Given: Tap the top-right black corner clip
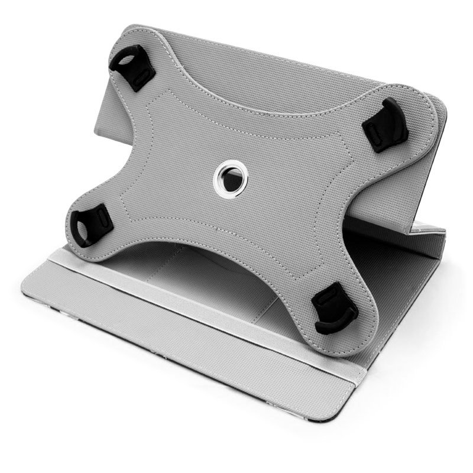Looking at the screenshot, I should click(x=386, y=125).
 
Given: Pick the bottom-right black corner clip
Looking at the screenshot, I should click(x=334, y=306).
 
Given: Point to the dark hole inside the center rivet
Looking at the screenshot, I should click(x=226, y=176).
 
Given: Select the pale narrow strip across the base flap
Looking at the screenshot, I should click(x=195, y=296).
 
